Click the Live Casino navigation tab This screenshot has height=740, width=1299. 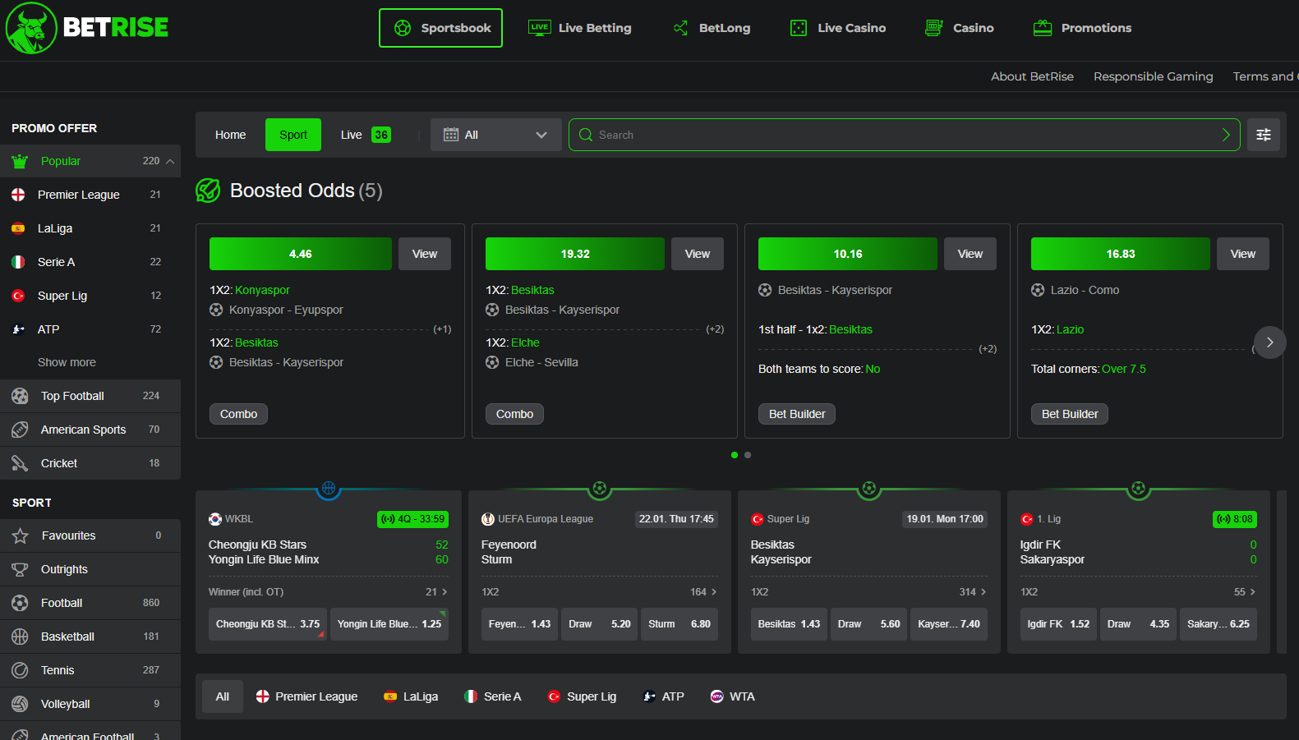pyautogui.click(x=838, y=28)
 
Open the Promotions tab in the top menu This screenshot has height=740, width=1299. pyautogui.click(x=1082, y=28)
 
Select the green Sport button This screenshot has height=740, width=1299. pyautogui.click(x=293, y=135)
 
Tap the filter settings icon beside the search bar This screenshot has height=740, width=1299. pyautogui.click(x=1264, y=135)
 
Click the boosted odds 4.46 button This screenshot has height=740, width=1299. pyautogui.click(x=301, y=254)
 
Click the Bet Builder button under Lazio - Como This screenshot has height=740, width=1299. pyautogui.click(x=1070, y=414)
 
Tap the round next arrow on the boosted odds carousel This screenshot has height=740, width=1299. pyautogui.click(x=1269, y=342)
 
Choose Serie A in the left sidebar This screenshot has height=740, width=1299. pyautogui.click(x=56, y=262)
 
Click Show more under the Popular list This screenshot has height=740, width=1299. pyautogui.click(x=67, y=362)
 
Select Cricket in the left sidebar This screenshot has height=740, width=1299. pyautogui.click(x=59, y=463)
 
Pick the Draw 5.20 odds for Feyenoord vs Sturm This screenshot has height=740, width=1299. pyautogui.click(x=599, y=624)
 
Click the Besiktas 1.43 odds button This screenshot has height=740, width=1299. pyautogui.click(x=789, y=624)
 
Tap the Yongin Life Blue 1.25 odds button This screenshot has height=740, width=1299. pyautogui.click(x=389, y=624)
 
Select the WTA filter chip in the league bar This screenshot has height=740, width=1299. pyautogui.click(x=732, y=696)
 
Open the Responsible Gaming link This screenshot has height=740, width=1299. pyautogui.click(x=1153, y=76)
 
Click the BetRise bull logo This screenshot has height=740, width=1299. pyautogui.click(x=31, y=28)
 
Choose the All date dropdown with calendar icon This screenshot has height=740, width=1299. pyautogui.click(x=495, y=135)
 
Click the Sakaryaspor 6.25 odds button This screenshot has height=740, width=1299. pyautogui.click(x=1218, y=624)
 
